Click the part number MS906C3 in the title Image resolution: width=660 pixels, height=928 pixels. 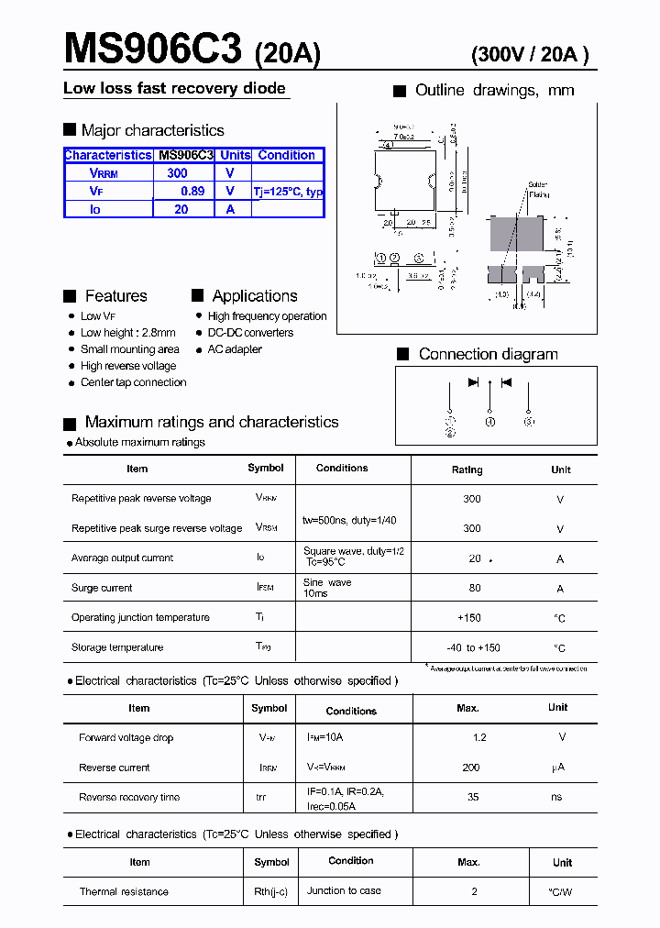(152, 49)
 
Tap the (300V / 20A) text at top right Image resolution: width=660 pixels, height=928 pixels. (529, 55)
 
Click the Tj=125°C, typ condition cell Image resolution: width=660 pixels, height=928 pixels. (288, 192)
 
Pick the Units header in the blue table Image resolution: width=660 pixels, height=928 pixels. (236, 155)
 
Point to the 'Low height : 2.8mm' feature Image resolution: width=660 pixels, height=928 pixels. (127, 333)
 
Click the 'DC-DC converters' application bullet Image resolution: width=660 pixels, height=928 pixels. (250, 333)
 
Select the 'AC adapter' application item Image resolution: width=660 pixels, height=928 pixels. (235, 349)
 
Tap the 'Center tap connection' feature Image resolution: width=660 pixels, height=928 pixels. (133, 382)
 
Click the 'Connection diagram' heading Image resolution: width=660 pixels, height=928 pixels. (488, 354)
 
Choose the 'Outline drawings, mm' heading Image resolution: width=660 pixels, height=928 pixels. (494, 90)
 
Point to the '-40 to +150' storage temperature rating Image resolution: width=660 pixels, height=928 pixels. (474, 647)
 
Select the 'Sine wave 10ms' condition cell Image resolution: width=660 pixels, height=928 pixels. (327, 588)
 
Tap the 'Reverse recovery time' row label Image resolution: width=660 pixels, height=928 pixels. (129, 797)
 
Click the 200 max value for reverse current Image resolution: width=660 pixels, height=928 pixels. (471, 768)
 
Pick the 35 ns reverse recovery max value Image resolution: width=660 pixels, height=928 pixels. (473, 797)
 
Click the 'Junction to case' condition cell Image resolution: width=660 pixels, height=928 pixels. (344, 890)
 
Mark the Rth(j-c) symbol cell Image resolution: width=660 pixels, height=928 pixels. (271, 891)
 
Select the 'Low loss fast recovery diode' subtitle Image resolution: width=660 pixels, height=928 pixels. (174, 88)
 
